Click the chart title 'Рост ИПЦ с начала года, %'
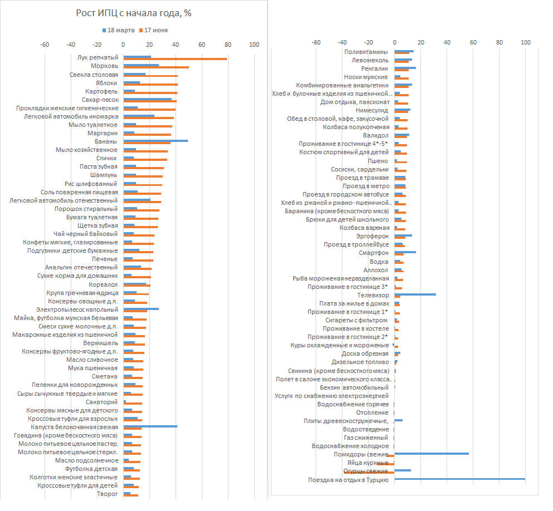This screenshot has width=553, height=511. coord(134,13)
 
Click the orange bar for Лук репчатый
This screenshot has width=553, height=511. coord(175,58)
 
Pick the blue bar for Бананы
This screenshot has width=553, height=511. coord(155,140)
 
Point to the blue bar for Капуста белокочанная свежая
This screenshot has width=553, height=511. coord(150,426)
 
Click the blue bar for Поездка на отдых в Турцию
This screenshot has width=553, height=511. coord(459,478)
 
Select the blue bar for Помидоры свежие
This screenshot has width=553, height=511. coord(432,453)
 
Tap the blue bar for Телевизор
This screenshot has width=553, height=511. coord(415,294)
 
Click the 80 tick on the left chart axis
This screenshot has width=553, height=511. coord(228,45)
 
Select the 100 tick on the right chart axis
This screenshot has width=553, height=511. coord(525,42)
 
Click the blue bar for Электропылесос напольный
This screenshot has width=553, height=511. coord(141,308)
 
